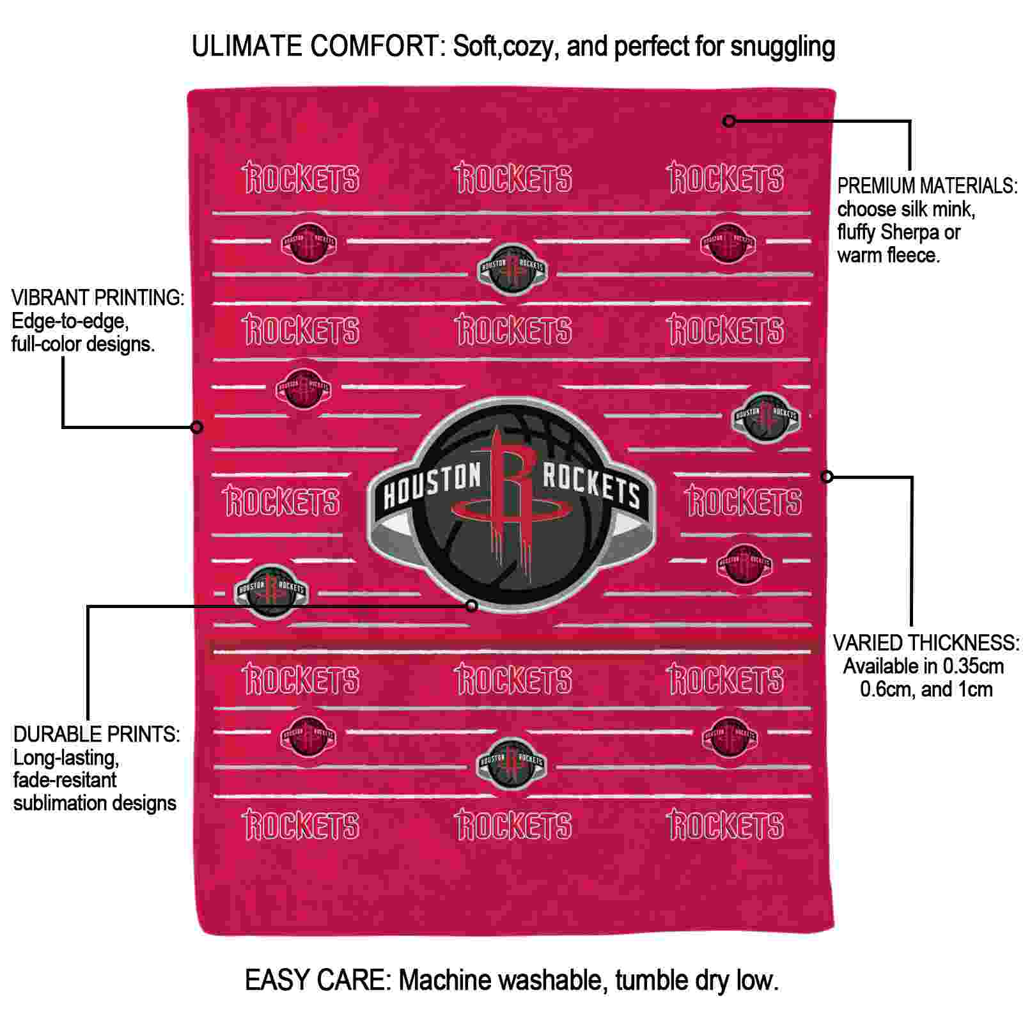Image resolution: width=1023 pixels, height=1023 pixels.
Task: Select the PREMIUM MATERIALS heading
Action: tap(927, 186)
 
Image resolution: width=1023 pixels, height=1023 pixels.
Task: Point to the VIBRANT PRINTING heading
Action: tap(98, 298)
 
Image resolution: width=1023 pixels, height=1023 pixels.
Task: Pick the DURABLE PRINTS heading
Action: tap(97, 735)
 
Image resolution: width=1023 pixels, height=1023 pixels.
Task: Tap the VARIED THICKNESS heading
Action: tap(926, 643)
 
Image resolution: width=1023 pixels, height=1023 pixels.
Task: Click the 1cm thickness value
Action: tap(975, 689)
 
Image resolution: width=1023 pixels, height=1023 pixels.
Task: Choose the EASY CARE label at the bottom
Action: tap(318, 980)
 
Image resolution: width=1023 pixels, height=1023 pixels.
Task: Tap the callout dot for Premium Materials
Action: tap(729, 120)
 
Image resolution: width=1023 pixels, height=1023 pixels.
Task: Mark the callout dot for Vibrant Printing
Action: tap(197, 426)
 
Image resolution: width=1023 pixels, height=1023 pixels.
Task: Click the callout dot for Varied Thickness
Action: tap(827, 476)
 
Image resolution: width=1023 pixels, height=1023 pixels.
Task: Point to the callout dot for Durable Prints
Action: tap(471, 605)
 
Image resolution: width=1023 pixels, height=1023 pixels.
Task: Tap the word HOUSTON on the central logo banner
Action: tap(432, 487)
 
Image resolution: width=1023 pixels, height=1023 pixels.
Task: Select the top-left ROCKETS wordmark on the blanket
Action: tap(301, 178)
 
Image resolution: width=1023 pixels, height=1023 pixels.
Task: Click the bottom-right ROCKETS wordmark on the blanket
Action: tap(725, 824)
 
